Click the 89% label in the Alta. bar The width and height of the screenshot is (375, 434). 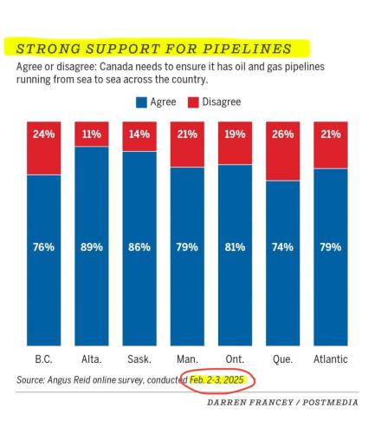point(91,247)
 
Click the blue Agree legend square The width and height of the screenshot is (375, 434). point(142,102)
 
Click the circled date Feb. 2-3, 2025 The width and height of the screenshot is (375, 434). point(217,380)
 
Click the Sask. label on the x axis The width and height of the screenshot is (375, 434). point(139,358)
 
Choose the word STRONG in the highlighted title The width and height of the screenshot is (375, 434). point(48,47)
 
